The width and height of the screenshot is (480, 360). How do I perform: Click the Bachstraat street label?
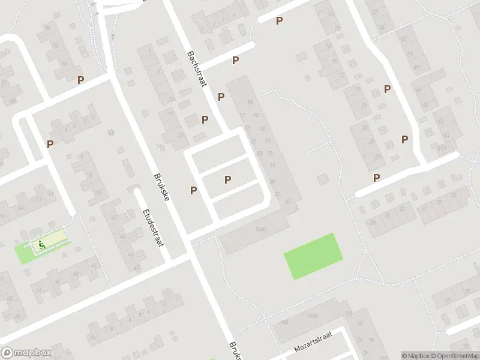[197, 68]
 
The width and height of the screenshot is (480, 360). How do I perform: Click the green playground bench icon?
[41, 244]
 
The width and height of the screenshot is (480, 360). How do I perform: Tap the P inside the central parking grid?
[227, 179]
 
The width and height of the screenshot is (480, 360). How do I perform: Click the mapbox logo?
[26, 353]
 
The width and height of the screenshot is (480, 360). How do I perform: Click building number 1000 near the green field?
[260, 229]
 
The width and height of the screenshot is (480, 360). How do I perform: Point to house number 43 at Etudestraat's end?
[137, 268]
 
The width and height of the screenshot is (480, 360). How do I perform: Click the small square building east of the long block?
[323, 179]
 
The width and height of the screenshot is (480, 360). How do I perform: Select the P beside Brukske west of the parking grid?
[193, 191]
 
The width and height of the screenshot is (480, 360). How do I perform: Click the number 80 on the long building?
[250, 103]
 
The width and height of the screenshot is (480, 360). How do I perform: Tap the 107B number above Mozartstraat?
[311, 316]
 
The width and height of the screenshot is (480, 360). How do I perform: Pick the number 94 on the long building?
[267, 140]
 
